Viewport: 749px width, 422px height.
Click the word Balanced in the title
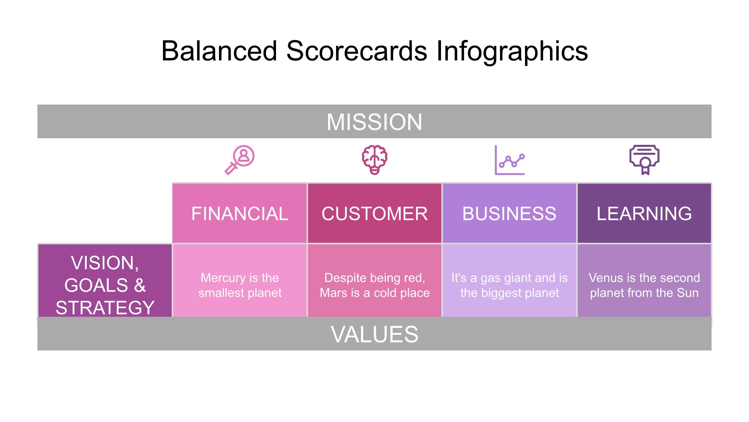(x=219, y=51)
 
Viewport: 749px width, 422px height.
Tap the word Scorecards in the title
(x=357, y=51)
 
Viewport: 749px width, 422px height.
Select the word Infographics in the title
(x=512, y=51)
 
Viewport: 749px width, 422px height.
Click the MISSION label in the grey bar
(x=374, y=122)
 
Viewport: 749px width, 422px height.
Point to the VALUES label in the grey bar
(x=374, y=334)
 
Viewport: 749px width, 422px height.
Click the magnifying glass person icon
(x=240, y=160)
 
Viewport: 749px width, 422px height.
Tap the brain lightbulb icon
(x=374, y=160)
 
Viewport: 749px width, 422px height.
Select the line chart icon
(x=509, y=160)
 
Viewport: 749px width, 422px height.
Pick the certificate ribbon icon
(x=644, y=160)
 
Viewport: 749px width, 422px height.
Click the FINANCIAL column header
(x=240, y=213)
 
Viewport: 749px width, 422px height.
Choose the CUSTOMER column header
(x=374, y=213)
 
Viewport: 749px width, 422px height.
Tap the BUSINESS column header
(x=509, y=213)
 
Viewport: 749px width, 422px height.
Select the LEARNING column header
(x=644, y=213)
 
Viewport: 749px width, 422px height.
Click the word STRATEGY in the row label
(x=105, y=308)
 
